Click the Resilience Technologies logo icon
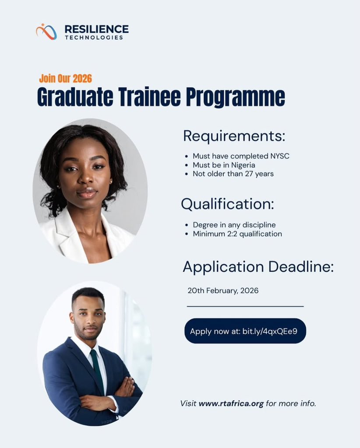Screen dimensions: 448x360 click(x=46, y=31)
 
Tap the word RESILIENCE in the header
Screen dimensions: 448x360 click(x=96, y=29)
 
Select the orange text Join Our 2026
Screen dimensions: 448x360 click(x=65, y=79)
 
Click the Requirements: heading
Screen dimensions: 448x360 click(x=234, y=136)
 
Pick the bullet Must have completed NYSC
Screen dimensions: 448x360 click(x=241, y=156)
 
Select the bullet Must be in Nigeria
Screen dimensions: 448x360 click(x=224, y=165)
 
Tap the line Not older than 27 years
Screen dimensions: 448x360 click(x=233, y=174)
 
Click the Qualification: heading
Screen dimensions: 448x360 click(x=228, y=204)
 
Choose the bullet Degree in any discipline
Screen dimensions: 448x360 click(x=234, y=225)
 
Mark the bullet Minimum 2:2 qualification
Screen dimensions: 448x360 click(x=237, y=234)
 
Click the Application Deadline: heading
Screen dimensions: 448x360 click(x=258, y=266)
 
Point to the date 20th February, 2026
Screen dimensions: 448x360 click(x=223, y=290)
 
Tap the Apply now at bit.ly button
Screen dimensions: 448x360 click(x=245, y=331)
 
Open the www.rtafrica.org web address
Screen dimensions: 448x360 click(x=231, y=403)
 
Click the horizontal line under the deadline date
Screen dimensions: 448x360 click(x=245, y=306)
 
